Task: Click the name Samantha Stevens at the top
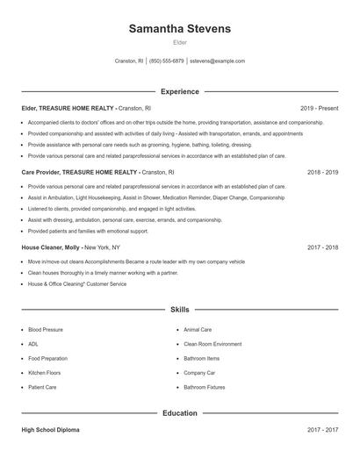tap(179, 28)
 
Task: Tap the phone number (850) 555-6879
tap(166, 61)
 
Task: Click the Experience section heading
tap(179, 91)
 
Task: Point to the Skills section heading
tap(179, 310)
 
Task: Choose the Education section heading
tap(179, 412)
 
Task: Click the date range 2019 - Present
tap(319, 108)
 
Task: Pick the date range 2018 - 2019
tap(322, 173)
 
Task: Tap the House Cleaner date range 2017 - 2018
tap(322, 248)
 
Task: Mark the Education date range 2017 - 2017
tap(322, 430)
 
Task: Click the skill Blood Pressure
tap(46, 330)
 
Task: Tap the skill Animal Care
tap(198, 330)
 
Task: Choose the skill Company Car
tap(198, 372)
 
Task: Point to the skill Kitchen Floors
tap(45, 372)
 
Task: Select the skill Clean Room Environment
tap(212, 344)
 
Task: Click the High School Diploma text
tap(52, 430)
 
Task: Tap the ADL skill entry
tap(33, 344)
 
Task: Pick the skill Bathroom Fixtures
tap(204, 386)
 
